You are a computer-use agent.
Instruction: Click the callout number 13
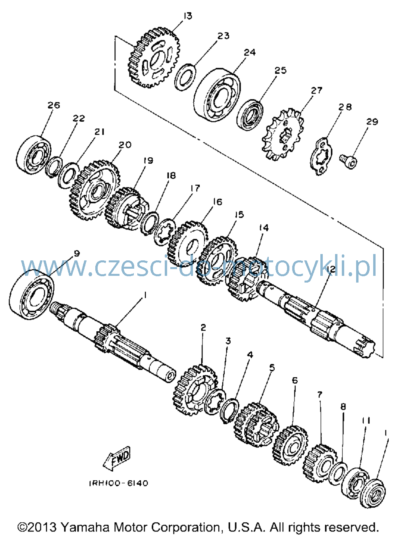coord(187,16)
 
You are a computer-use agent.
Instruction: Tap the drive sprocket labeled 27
coord(283,135)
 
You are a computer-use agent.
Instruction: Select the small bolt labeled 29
coord(348,161)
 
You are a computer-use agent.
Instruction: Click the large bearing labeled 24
coord(217,95)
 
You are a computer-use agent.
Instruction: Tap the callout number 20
coord(125,145)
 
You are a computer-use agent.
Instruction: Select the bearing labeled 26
coord(34,155)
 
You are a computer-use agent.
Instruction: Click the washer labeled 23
coord(185,77)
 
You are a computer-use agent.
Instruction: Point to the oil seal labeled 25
coord(250,115)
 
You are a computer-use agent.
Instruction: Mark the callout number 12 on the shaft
coord(331,269)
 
